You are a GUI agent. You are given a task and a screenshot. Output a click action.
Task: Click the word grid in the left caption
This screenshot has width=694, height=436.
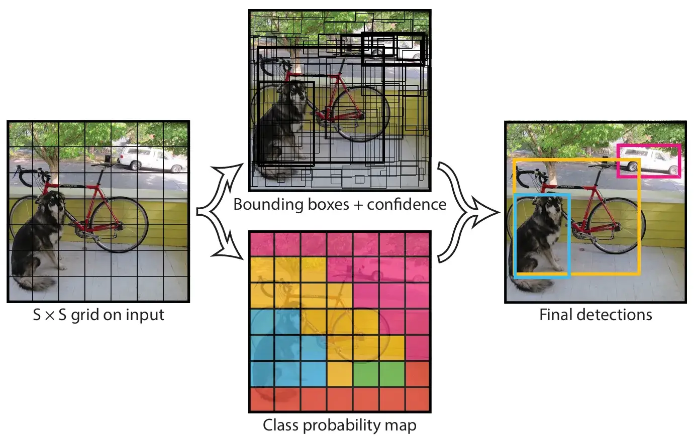tap(85, 316)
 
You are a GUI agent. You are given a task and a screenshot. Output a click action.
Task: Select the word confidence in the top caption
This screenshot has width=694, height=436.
tap(407, 205)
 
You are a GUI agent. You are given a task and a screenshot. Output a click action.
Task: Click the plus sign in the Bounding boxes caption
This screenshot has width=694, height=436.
tap(358, 205)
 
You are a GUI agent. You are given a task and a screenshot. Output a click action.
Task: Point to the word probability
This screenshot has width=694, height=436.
tap(342, 426)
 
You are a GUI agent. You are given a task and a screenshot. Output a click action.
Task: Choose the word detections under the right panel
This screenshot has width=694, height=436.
tap(614, 315)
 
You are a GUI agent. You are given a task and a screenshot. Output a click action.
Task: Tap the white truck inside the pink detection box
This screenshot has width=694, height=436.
tap(649, 160)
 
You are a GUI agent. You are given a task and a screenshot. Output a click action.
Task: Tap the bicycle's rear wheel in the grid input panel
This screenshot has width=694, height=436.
tap(119, 224)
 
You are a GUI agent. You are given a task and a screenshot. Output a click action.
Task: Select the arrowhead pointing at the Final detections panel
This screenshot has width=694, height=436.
tap(485, 213)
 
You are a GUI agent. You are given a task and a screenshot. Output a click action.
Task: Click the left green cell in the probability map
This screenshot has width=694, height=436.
tap(365, 374)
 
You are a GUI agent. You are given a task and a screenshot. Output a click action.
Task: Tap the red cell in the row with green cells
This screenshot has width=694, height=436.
tap(417, 374)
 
